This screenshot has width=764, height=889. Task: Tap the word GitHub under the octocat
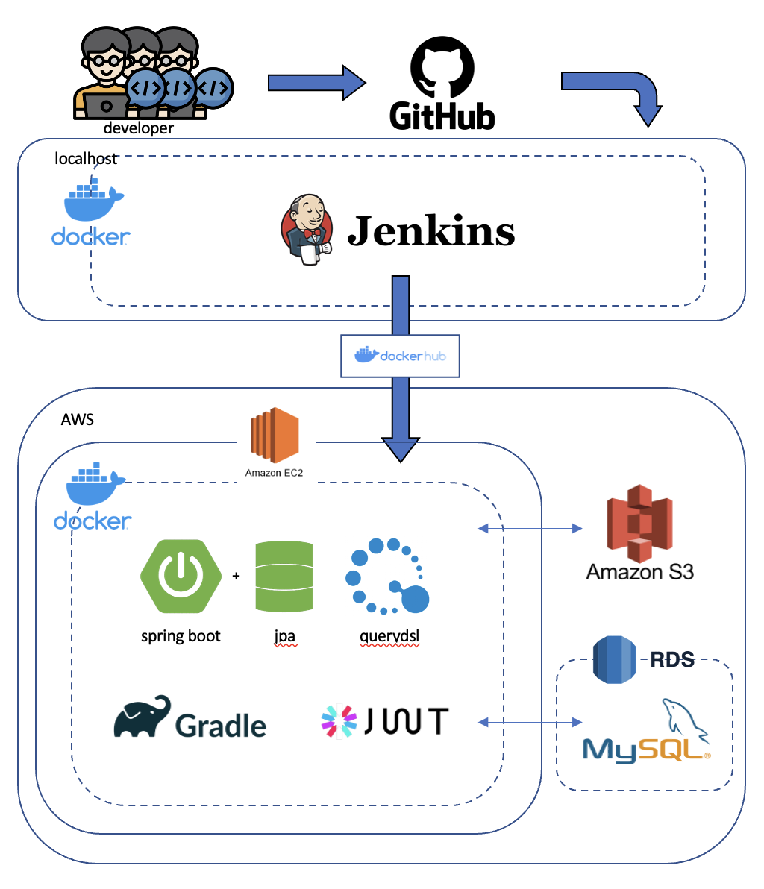442,117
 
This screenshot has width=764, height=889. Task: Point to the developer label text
138,128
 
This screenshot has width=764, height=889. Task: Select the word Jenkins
431,230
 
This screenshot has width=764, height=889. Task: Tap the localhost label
86,158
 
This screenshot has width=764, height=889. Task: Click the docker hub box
400,355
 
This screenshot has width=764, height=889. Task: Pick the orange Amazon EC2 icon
275,436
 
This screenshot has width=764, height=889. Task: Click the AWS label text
78,419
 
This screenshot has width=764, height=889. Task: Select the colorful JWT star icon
339,721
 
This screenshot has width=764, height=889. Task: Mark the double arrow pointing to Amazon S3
530,528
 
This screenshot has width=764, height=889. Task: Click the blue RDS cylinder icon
614,660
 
